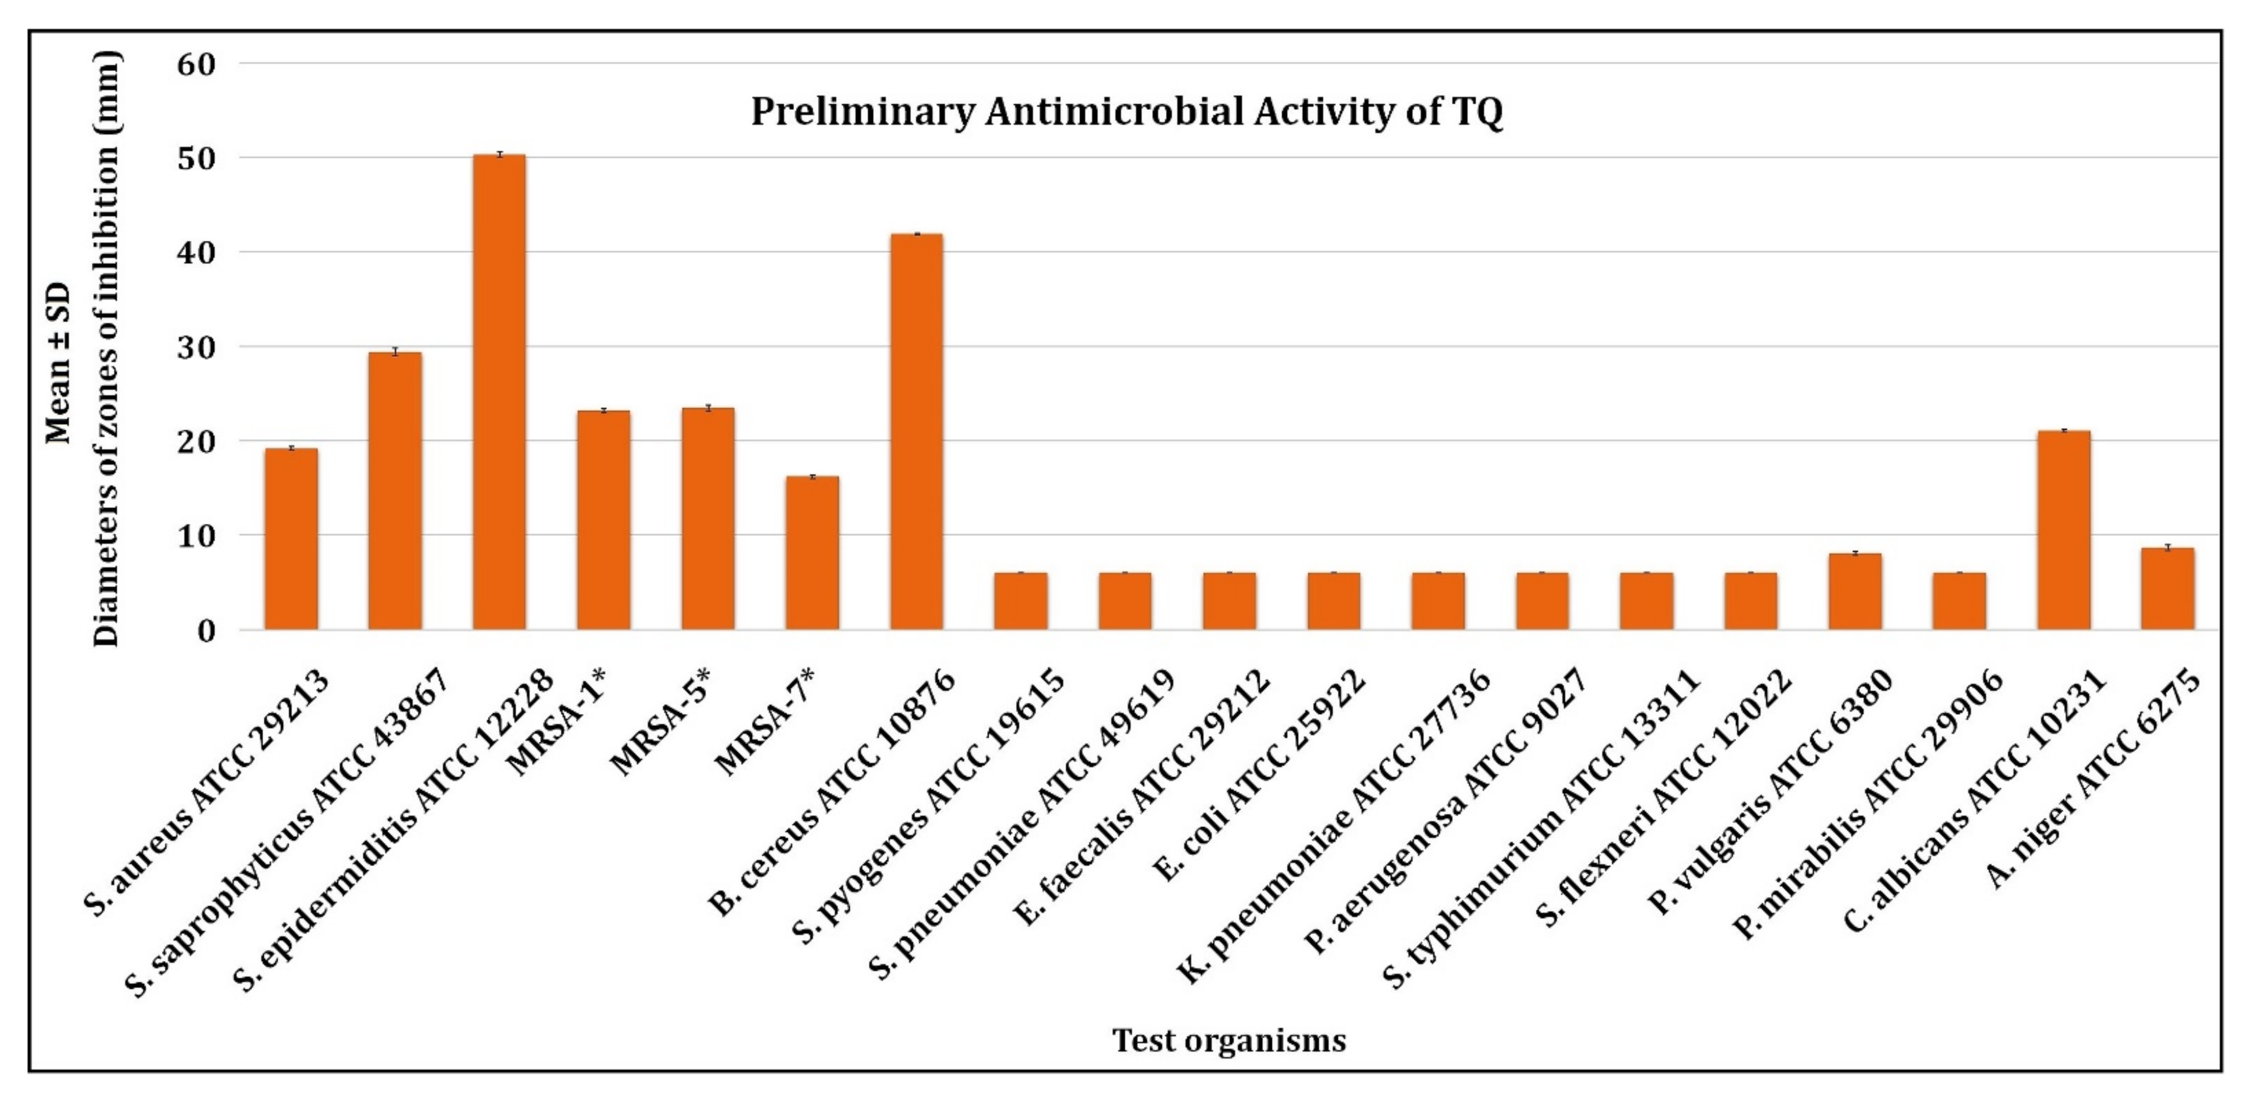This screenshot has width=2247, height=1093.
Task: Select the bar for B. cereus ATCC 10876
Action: click(916, 432)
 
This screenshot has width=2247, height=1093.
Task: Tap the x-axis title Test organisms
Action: click(1228, 1040)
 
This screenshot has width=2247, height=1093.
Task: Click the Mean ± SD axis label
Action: click(60, 362)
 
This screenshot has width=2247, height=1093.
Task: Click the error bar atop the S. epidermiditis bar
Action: click(499, 154)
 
